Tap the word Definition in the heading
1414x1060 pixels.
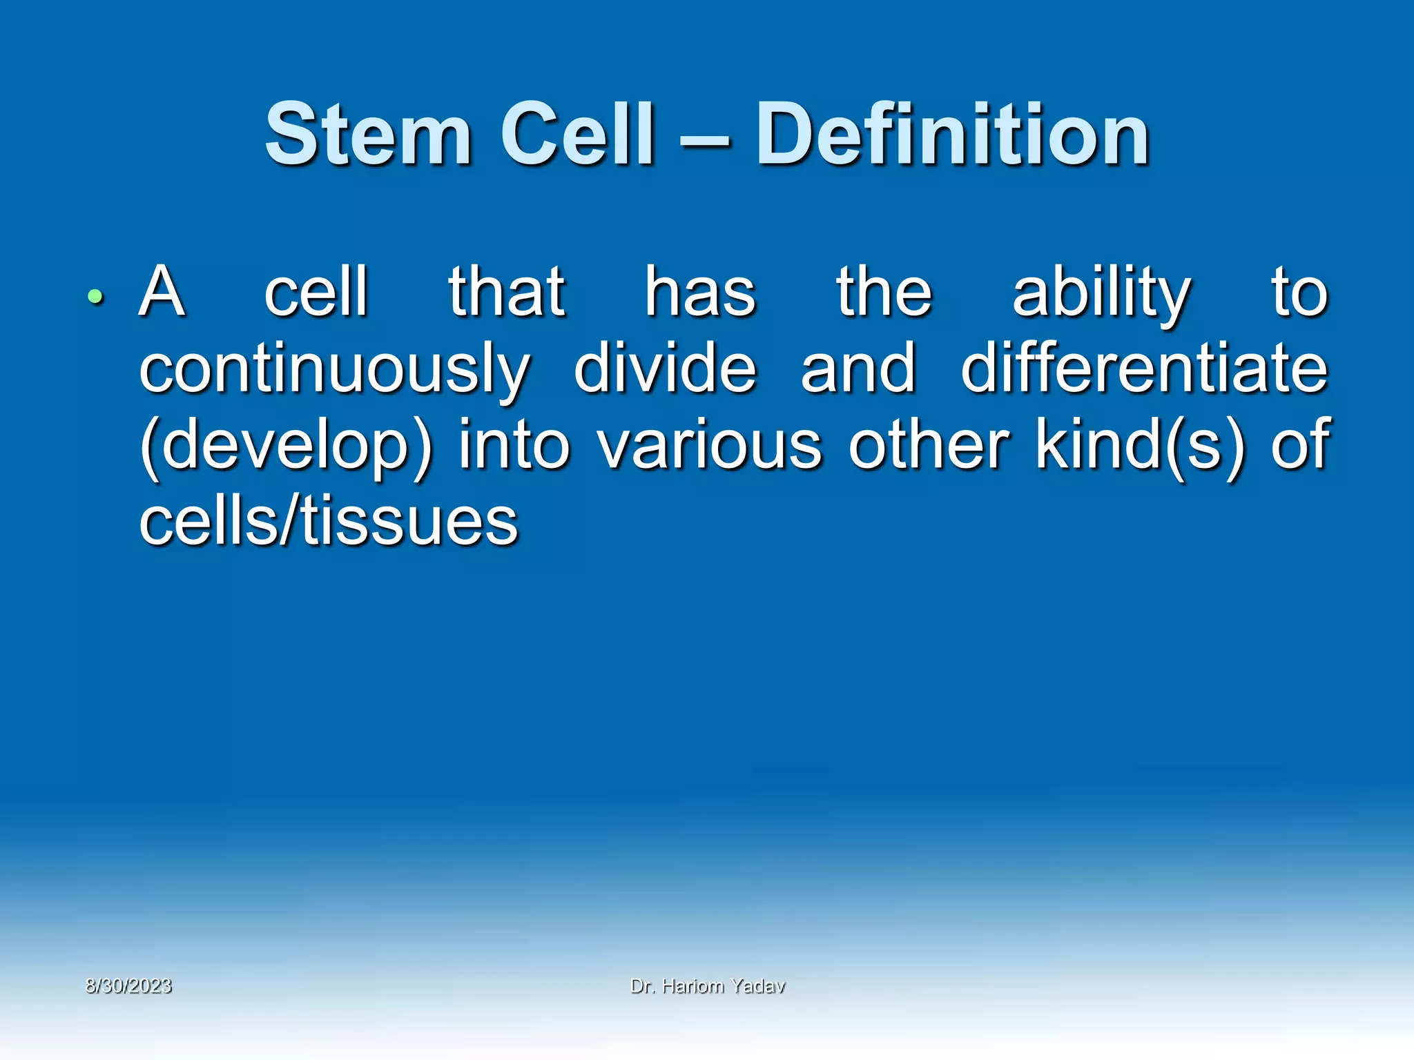click(952, 135)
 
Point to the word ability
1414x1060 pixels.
click(1101, 294)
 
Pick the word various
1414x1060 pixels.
click(710, 444)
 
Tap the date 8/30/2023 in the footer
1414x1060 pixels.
click(128, 986)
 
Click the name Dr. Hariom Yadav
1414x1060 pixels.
click(708, 986)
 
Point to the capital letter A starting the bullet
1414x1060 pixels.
click(162, 293)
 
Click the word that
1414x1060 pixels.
click(507, 293)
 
